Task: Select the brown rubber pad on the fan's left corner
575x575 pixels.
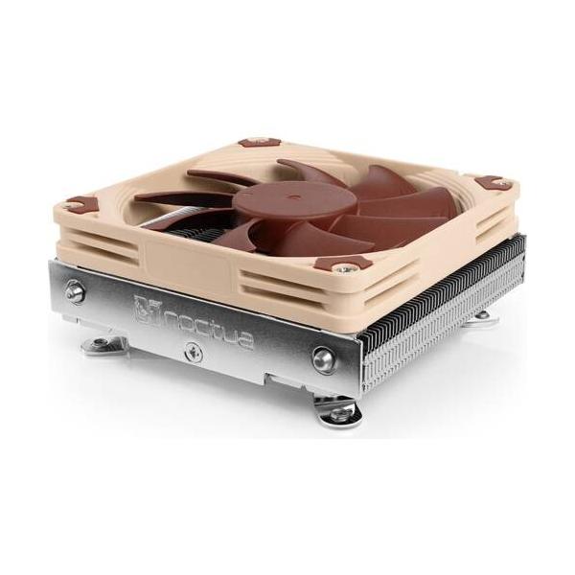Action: point(81,203)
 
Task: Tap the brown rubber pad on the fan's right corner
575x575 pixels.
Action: point(491,182)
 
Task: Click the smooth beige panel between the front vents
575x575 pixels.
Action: point(192,261)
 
